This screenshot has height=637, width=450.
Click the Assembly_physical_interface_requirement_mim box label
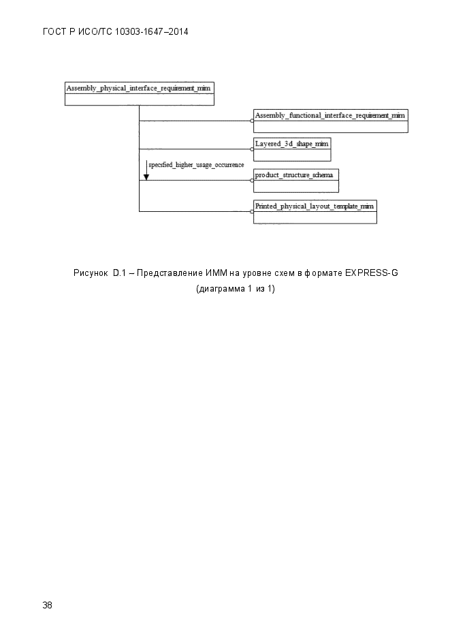click(x=138, y=88)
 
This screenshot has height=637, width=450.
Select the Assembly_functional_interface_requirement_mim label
click(x=330, y=115)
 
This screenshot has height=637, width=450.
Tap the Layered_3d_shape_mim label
click(x=292, y=143)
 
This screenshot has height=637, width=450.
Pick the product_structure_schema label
click(x=294, y=174)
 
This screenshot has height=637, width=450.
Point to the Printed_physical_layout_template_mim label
click(x=315, y=206)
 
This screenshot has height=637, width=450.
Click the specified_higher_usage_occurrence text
click(x=196, y=165)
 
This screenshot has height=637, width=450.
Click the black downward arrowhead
click(x=146, y=176)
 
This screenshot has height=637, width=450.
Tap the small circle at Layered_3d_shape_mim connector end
click(x=252, y=149)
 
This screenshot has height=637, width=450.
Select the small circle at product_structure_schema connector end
click(x=252, y=181)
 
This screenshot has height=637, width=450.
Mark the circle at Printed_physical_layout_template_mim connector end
click(x=252, y=211)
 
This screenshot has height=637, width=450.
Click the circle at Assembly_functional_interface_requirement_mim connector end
click(x=252, y=121)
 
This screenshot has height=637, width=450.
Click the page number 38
click(x=47, y=605)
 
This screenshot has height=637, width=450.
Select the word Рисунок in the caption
click(x=91, y=273)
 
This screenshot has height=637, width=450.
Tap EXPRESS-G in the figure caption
click(x=372, y=273)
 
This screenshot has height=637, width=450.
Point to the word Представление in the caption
click(x=170, y=273)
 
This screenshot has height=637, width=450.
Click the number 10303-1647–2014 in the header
click(x=152, y=32)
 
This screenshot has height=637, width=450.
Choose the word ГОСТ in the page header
click(x=54, y=32)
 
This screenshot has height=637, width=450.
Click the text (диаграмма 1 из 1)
click(x=236, y=289)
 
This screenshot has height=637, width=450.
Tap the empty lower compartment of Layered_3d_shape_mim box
click(x=292, y=155)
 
